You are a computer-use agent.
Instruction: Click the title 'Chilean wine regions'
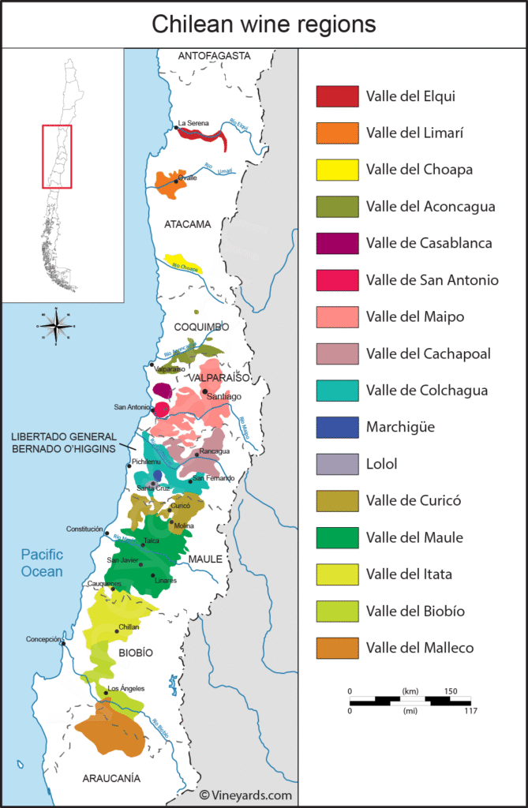click(x=264, y=24)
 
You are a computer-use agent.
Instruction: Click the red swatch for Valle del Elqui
click(x=338, y=96)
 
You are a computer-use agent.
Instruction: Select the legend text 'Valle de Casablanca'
click(x=429, y=243)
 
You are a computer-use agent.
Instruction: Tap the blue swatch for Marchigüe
click(x=338, y=427)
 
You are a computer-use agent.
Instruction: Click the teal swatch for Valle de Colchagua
click(x=338, y=391)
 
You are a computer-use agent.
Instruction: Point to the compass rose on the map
click(x=55, y=324)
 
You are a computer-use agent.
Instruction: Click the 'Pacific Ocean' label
click(x=42, y=563)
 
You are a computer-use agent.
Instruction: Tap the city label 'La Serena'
click(x=193, y=123)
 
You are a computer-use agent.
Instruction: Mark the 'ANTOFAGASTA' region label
click(x=214, y=56)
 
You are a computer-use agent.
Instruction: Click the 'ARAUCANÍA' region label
click(x=111, y=778)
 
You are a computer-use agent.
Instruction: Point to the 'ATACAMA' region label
click(x=188, y=224)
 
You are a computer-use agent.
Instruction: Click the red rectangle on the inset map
click(x=57, y=156)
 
